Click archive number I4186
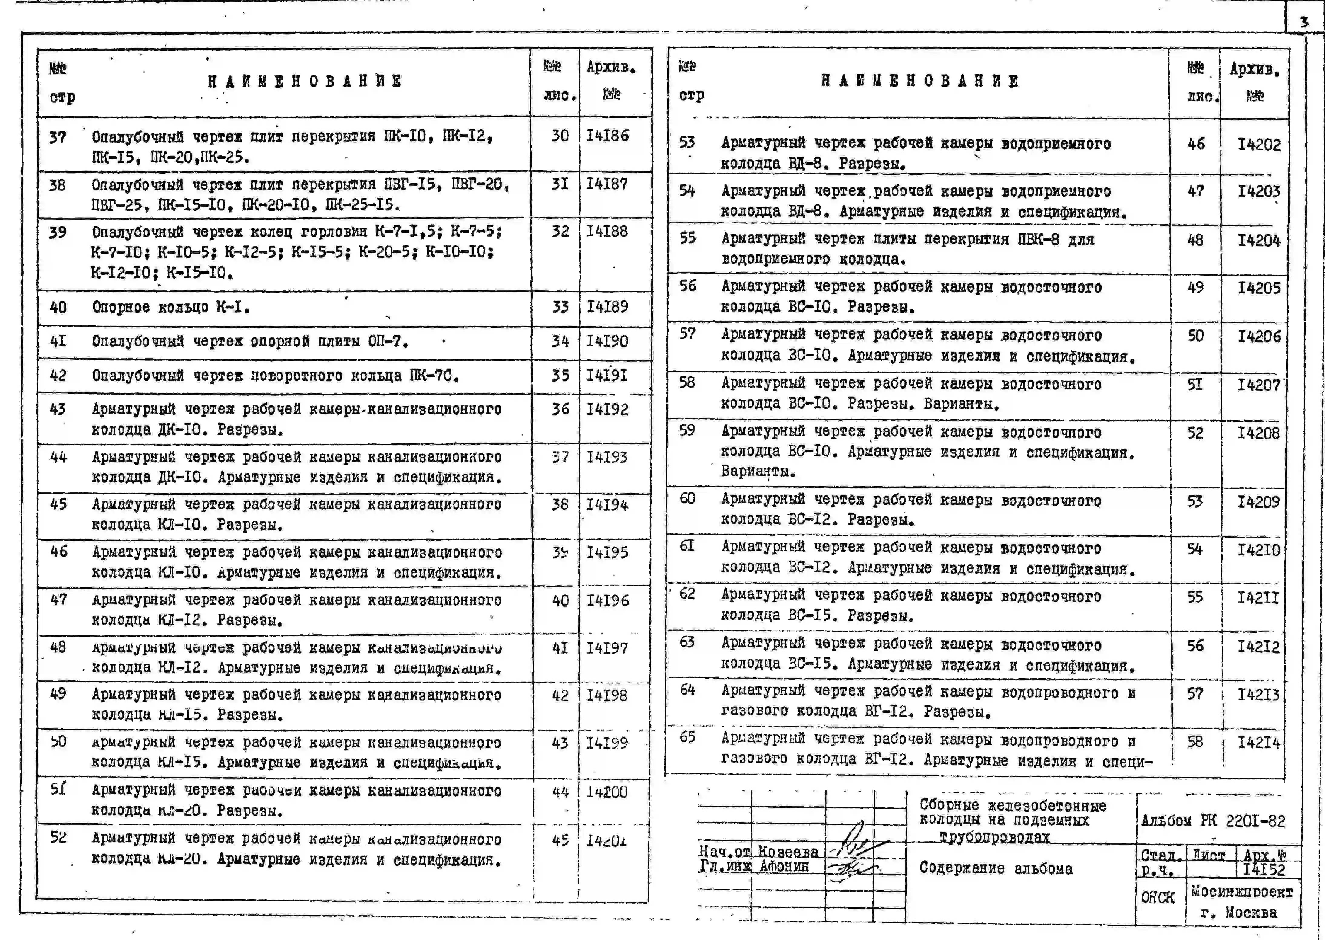[x=607, y=136]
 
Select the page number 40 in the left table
[x=58, y=307]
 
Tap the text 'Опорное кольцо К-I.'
[x=171, y=307]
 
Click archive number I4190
[x=607, y=342]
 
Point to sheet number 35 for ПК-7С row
[x=560, y=376]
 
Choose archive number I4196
[x=607, y=601]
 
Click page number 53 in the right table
[x=687, y=142]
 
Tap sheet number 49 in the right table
[x=1195, y=288]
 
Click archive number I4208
[x=1258, y=433]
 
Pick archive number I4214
[x=1258, y=742]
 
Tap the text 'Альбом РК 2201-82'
[x=1213, y=821]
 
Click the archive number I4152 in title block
[x=1264, y=870]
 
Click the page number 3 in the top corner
[x=1304, y=22]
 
